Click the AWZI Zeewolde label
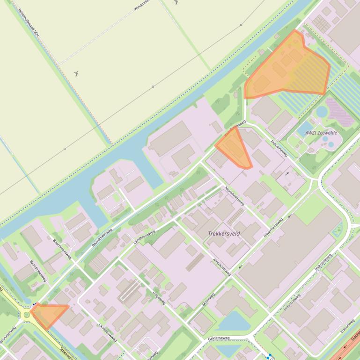coord(321,133)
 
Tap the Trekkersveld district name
coord(224,233)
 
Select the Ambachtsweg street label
coord(221,267)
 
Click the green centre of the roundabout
coord(27,315)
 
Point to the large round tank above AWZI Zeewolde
coord(322,111)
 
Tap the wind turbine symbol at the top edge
coord(176,2)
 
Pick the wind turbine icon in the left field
coord(76,74)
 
